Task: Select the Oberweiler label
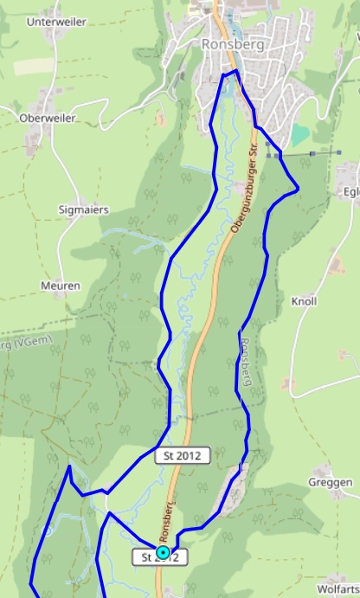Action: click(48, 118)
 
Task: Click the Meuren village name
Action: click(61, 286)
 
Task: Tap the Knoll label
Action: click(305, 301)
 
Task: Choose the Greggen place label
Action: click(331, 482)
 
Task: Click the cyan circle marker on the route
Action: click(163, 551)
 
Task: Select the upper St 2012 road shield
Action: click(182, 455)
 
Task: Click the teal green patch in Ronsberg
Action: click(299, 135)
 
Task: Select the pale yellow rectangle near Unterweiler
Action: click(33, 66)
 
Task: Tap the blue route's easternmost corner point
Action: click(298, 187)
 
